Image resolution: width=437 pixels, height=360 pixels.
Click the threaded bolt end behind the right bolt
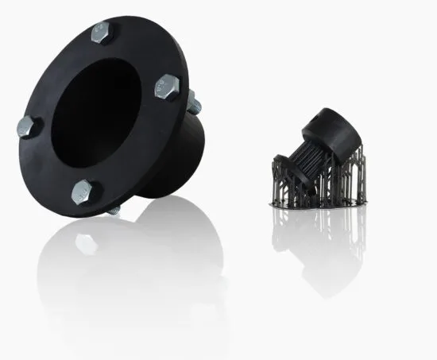point(193,103)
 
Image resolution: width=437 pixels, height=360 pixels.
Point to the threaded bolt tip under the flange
point(114,211)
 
